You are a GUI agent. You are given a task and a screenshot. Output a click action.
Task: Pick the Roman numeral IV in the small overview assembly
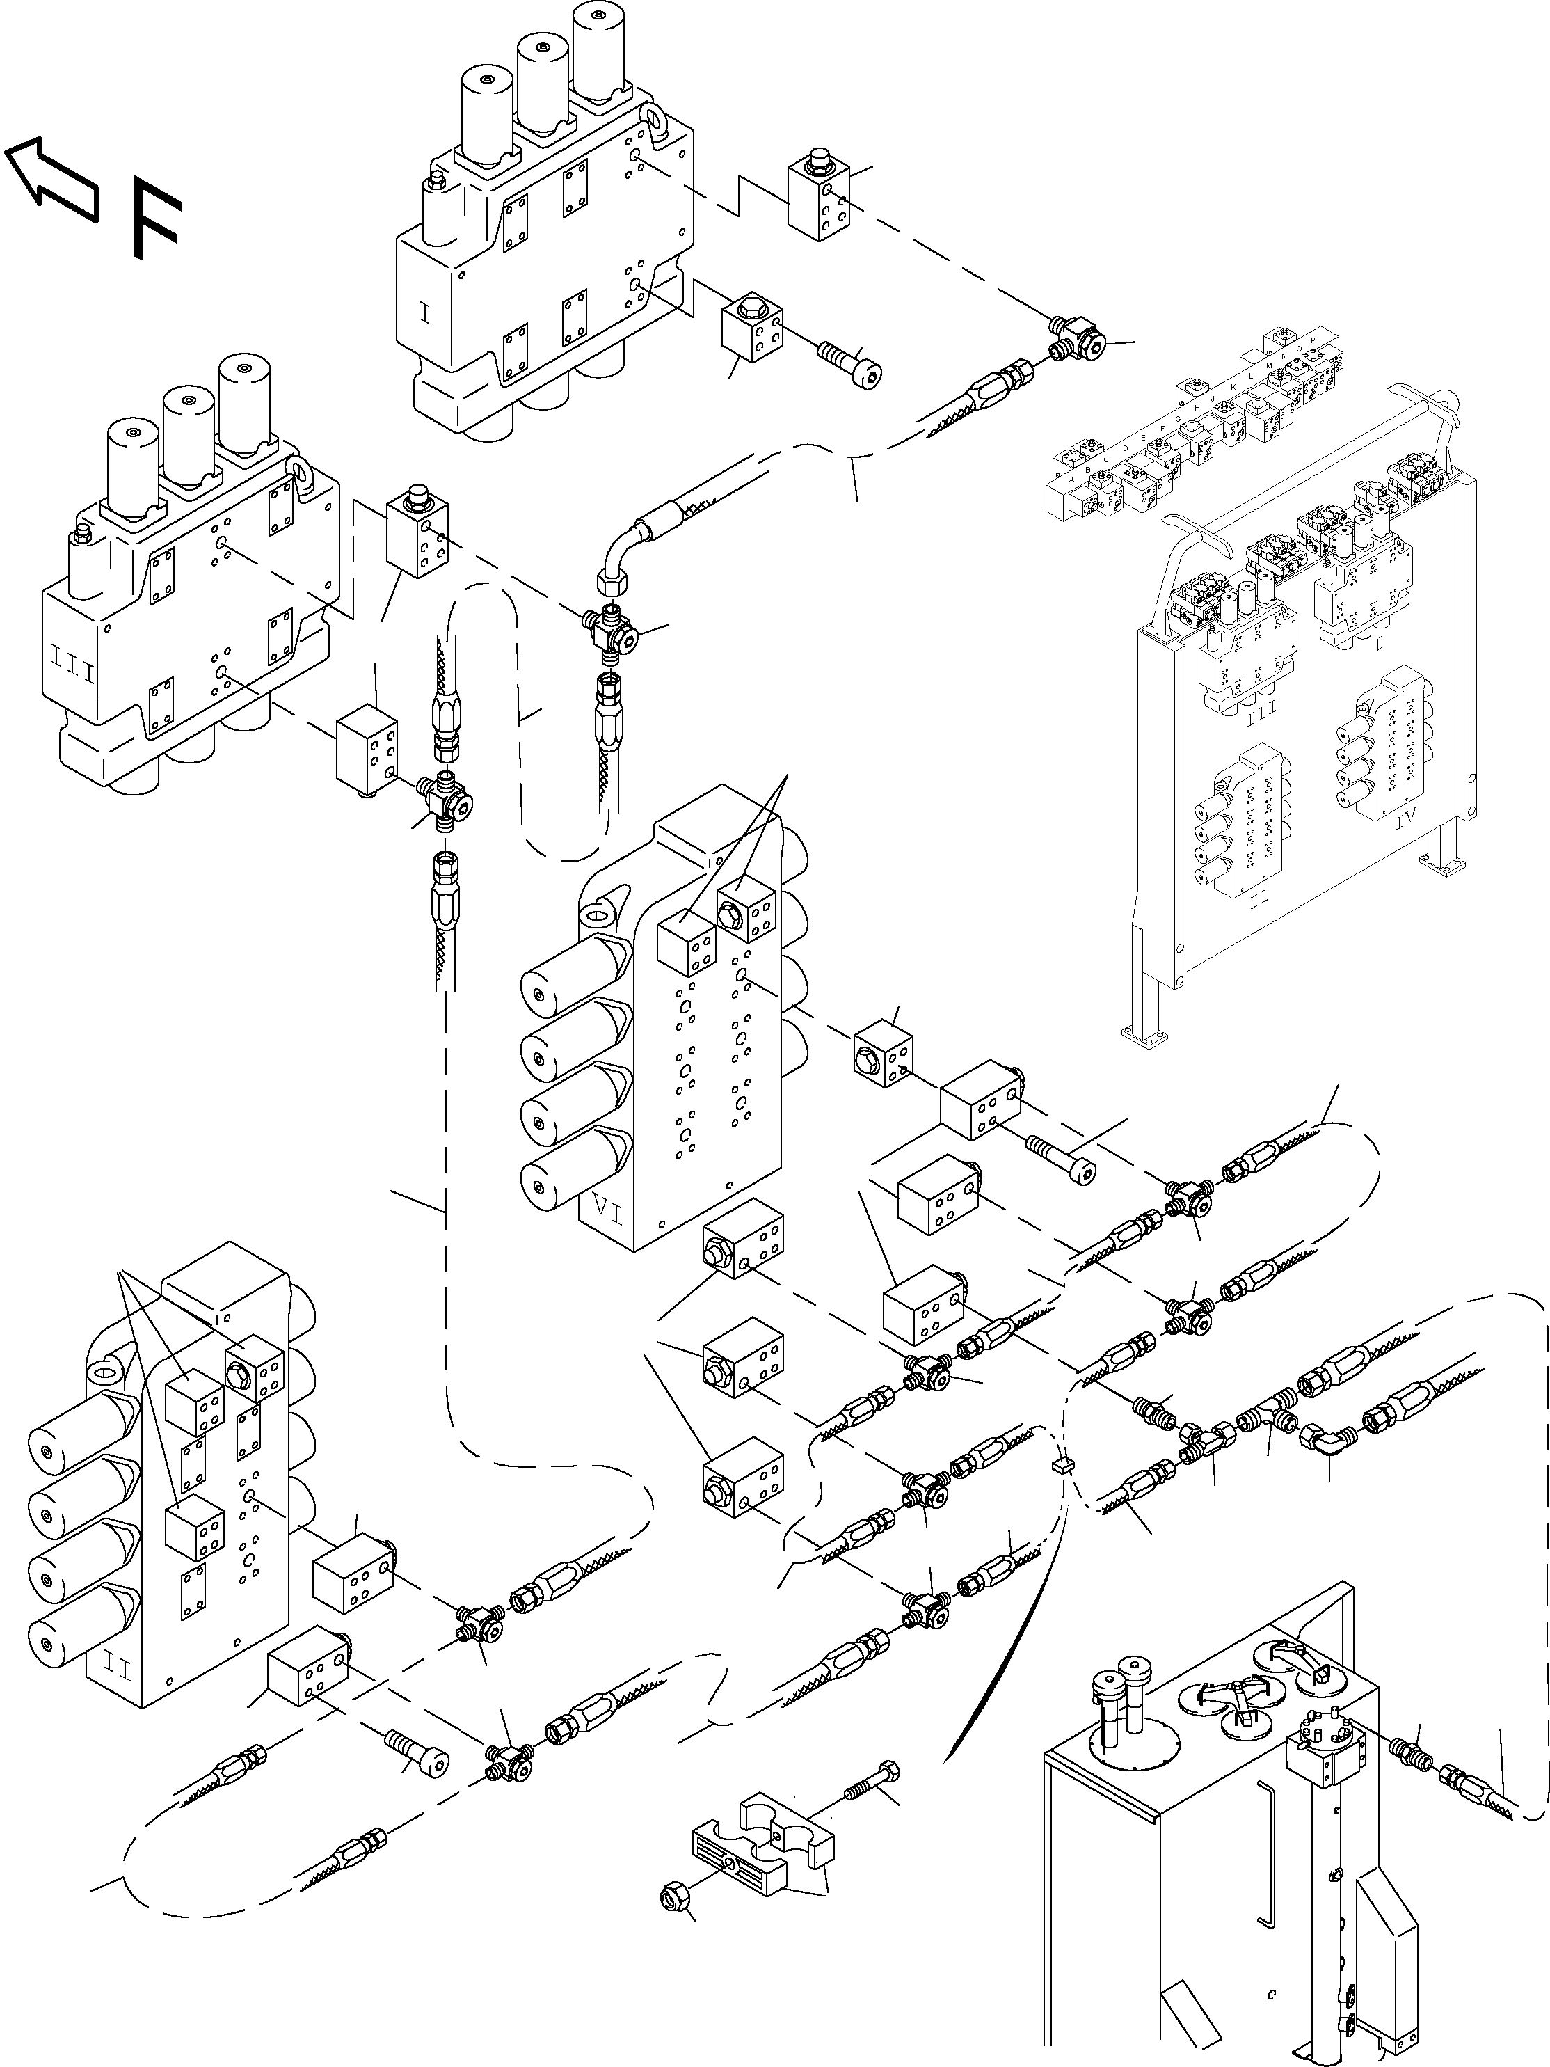pyautogui.click(x=1405, y=821)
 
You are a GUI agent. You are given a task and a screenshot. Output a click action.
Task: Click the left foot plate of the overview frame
pyautogui.click(x=1144, y=1033)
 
